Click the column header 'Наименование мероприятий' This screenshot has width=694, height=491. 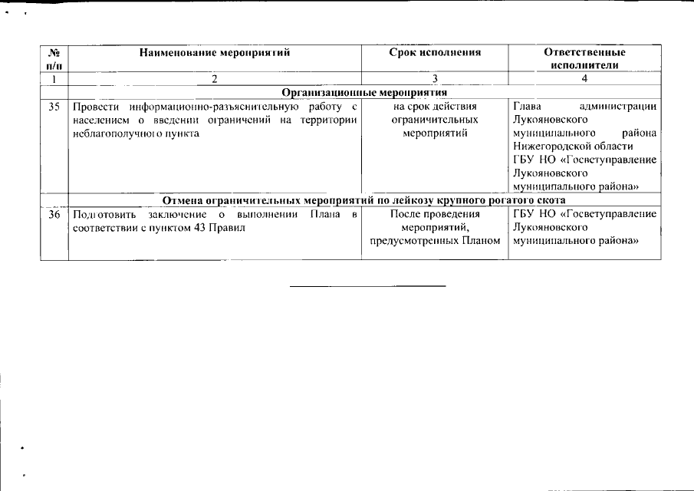215,53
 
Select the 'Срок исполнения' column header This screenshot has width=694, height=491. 434,53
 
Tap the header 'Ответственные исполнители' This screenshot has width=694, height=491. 584,59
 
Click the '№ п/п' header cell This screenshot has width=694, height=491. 54,59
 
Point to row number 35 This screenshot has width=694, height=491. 54,107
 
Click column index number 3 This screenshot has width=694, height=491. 434,79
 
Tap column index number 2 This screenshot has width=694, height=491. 215,79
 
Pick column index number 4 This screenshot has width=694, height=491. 584,79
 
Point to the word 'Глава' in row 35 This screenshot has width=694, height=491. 528,107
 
